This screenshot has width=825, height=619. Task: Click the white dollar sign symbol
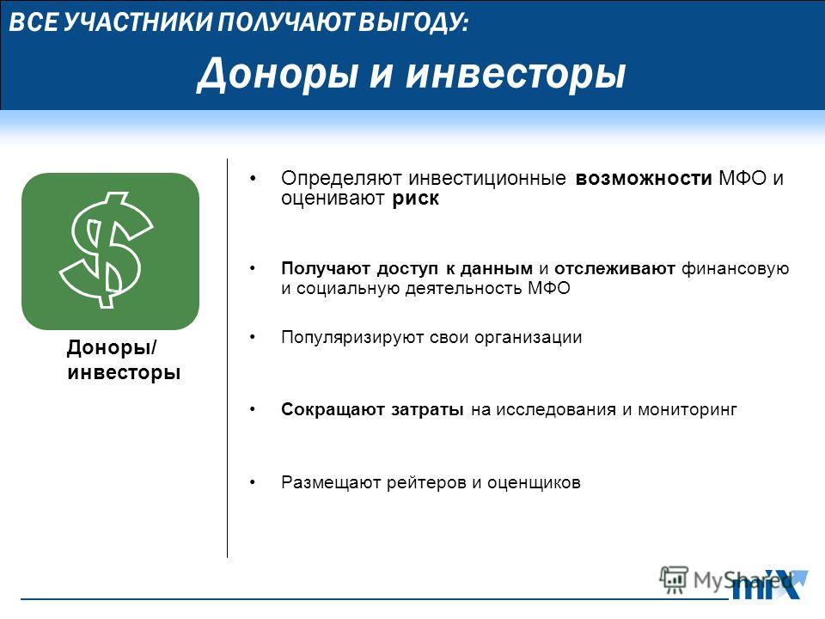click(106, 250)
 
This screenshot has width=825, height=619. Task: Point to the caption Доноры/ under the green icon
click(112, 347)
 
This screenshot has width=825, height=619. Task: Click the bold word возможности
click(644, 179)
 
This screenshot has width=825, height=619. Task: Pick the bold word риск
click(415, 199)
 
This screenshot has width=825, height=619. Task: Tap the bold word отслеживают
click(614, 268)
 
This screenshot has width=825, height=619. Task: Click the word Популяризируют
click(352, 337)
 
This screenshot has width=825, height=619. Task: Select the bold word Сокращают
click(333, 409)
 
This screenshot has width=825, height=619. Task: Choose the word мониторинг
click(687, 409)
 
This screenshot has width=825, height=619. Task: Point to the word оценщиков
click(534, 482)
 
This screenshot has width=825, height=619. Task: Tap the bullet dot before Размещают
click(253, 481)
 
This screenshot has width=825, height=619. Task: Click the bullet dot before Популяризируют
click(253, 336)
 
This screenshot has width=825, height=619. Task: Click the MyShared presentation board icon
click(674, 580)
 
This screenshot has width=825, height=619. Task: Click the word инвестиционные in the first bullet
click(486, 179)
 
